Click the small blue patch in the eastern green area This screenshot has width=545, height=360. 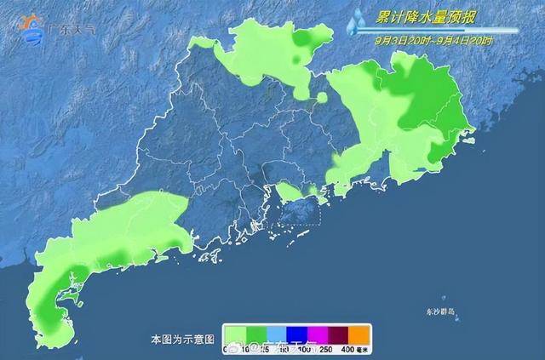419,170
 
